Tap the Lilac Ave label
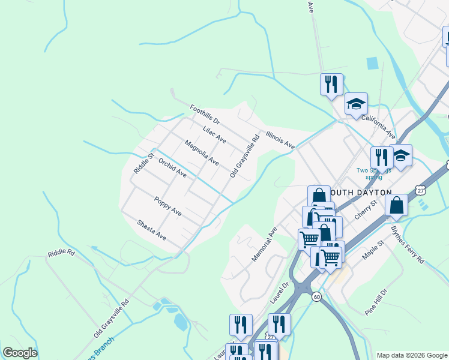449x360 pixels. coord(214,135)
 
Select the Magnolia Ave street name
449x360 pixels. coord(202,152)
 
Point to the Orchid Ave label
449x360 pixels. coord(172,169)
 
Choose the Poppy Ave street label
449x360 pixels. coord(167,206)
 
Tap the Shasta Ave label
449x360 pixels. coord(151,229)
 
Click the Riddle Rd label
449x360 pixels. coord(61,253)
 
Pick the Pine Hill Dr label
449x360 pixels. coord(376,302)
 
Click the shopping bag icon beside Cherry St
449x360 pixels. coord(397,205)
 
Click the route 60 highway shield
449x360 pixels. coord(316,296)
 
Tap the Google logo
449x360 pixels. coord(20,353)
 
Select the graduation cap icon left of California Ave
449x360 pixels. coord(356,104)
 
